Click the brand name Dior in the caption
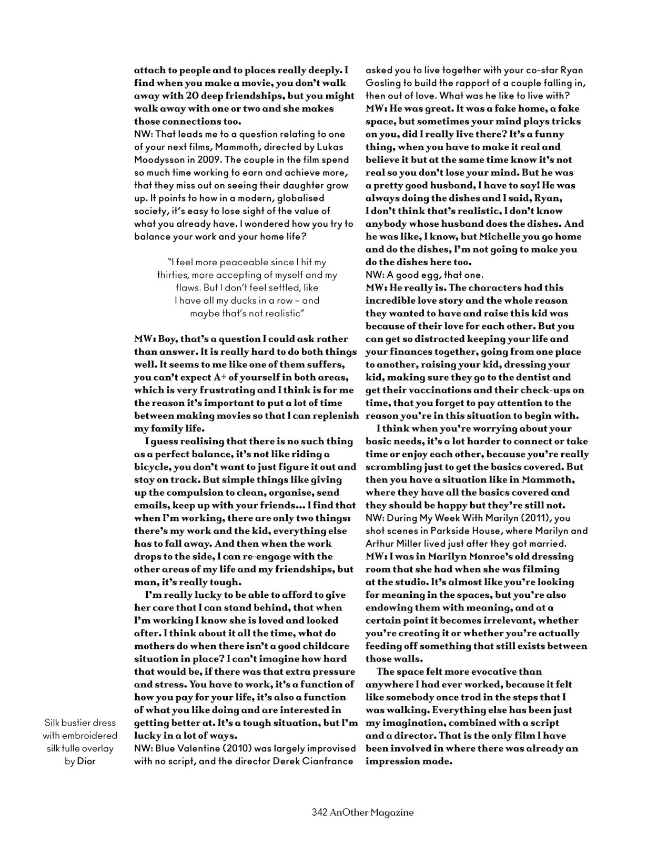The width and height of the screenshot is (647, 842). pos(86,761)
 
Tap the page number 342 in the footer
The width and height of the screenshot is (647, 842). pos(320,813)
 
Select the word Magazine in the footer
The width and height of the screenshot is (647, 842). pos(392,813)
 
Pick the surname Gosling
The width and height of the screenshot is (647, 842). pos(383,83)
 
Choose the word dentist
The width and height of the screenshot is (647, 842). pos(534,377)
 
